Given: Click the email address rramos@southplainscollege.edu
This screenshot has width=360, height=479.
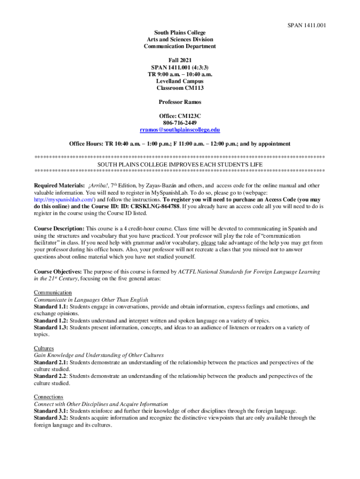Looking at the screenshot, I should click(x=180, y=130).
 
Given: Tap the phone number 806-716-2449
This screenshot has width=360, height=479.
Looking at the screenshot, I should click(x=180, y=123).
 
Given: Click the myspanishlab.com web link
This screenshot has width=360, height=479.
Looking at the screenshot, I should click(x=65, y=199).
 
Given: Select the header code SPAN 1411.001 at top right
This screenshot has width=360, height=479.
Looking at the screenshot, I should click(x=306, y=25).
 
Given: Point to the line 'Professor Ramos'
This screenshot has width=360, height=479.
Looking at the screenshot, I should click(x=180, y=102).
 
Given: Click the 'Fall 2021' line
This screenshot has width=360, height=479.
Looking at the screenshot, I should click(x=180, y=60).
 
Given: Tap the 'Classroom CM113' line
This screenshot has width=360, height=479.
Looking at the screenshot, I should click(x=180, y=88).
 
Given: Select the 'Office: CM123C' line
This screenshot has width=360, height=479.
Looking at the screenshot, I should click(x=180, y=116).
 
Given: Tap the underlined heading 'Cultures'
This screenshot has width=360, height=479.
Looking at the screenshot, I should click(x=44, y=348).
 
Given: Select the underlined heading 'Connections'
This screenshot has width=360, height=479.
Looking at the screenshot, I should click(x=49, y=397).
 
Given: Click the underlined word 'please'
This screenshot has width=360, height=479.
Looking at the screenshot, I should click(x=209, y=243).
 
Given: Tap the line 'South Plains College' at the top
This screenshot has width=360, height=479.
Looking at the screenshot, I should click(x=180, y=33).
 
